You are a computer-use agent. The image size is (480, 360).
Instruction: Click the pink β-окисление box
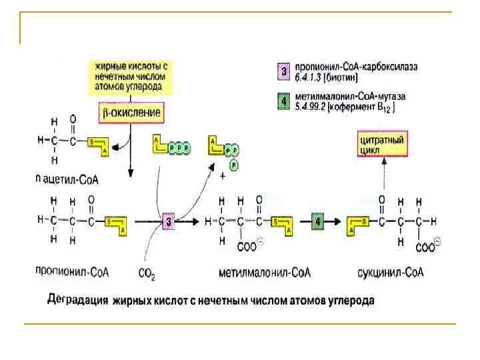[131, 112]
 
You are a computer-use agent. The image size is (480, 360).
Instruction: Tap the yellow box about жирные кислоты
[132, 77]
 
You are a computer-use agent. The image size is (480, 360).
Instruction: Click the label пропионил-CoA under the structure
[72, 272]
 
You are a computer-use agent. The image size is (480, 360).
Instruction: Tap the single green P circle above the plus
[233, 165]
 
